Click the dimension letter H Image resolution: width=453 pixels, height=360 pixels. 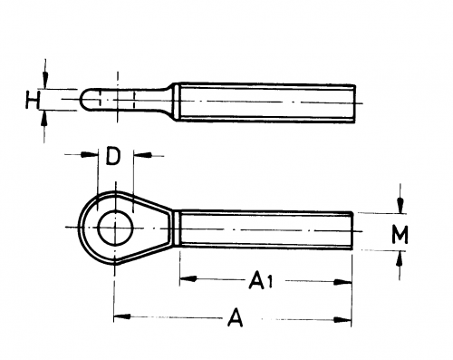(33, 100)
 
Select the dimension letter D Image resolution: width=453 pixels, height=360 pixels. (113, 156)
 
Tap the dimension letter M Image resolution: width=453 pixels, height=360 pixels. (400, 234)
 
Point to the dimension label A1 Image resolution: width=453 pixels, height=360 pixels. (261, 280)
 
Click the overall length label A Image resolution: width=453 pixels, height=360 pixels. (235, 317)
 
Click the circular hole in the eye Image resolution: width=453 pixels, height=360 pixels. (115, 228)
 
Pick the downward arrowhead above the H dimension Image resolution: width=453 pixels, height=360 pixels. (45, 81)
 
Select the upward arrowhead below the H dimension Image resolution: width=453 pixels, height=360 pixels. (44, 118)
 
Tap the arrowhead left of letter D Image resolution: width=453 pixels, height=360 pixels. (90, 154)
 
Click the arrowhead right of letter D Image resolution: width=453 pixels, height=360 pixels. (142, 155)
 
